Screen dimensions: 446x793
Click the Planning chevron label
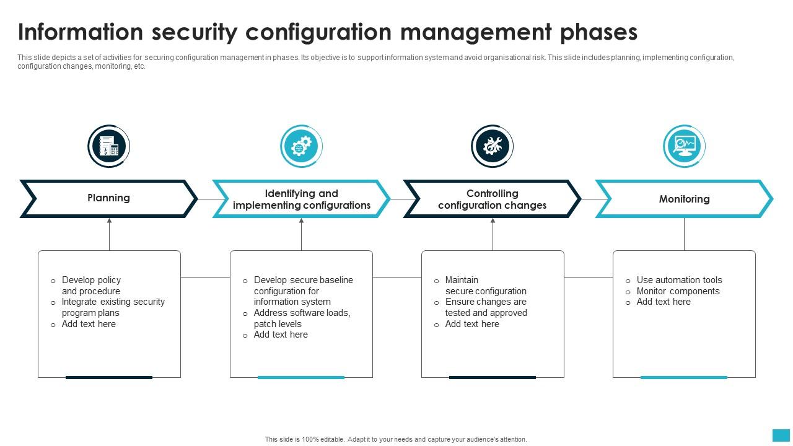click(x=108, y=198)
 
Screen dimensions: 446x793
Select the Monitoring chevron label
click(x=684, y=199)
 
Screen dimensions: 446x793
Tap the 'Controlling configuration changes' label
click(x=492, y=199)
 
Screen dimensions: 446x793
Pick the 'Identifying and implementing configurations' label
click(x=301, y=199)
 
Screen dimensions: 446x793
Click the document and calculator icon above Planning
click(x=109, y=147)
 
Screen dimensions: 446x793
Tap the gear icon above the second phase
click(x=301, y=147)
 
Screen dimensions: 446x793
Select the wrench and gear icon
click(x=493, y=147)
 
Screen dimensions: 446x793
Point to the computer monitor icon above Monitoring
click(x=684, y=147)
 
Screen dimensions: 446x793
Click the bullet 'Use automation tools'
click(x=679, y=280)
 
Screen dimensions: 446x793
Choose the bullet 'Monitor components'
click(x=678, y=291)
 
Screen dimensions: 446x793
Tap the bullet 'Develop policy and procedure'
click(x=91, y=286)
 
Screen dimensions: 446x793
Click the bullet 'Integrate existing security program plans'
click(x=113, y=307)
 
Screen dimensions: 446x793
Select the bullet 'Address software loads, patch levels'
click(x=302, y=318)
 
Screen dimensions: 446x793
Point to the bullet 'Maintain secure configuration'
click(x=485, y=286)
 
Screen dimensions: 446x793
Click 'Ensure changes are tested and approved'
click(x=486, y=307)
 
